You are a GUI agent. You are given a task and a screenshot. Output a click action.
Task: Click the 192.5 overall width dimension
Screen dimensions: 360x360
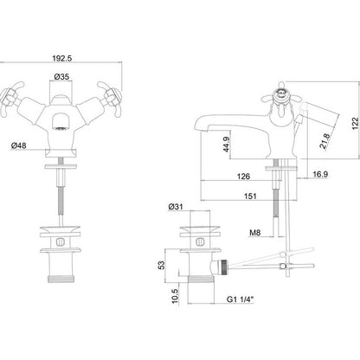(61, 58)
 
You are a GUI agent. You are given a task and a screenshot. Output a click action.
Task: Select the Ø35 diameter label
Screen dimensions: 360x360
(61, 77)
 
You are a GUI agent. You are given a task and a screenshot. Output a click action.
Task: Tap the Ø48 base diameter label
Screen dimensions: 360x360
(19, 145)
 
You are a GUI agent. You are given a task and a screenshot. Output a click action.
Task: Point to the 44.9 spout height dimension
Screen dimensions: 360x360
(227, 145)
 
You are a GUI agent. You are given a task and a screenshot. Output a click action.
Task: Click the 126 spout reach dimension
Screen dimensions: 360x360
(243, 177)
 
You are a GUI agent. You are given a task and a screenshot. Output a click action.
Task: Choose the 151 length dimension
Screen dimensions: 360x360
(250, 196)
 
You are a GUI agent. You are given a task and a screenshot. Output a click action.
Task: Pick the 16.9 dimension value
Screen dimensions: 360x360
(320, 174)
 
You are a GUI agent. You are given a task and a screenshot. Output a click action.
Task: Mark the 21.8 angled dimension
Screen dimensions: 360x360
(325, 141)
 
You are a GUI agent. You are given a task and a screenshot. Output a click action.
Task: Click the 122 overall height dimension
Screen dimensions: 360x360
(356, 124)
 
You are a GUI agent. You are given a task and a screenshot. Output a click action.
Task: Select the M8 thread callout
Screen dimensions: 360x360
(255, 232)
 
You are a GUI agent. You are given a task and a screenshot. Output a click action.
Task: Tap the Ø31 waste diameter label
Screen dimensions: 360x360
(176, 207)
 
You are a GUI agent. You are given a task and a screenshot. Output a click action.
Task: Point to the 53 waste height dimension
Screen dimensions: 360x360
(163, 265)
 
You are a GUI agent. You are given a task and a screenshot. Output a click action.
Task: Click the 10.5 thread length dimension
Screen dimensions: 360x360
(175, 296)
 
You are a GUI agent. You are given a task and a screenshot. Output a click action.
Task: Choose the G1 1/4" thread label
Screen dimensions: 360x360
(240, 299)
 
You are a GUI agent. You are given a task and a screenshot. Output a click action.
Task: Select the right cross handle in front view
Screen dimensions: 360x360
(111, 99)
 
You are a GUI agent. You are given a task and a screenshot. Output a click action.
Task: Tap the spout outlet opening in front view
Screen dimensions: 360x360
(61, 128)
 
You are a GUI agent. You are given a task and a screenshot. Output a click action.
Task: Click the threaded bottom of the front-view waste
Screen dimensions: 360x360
(61, 279)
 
